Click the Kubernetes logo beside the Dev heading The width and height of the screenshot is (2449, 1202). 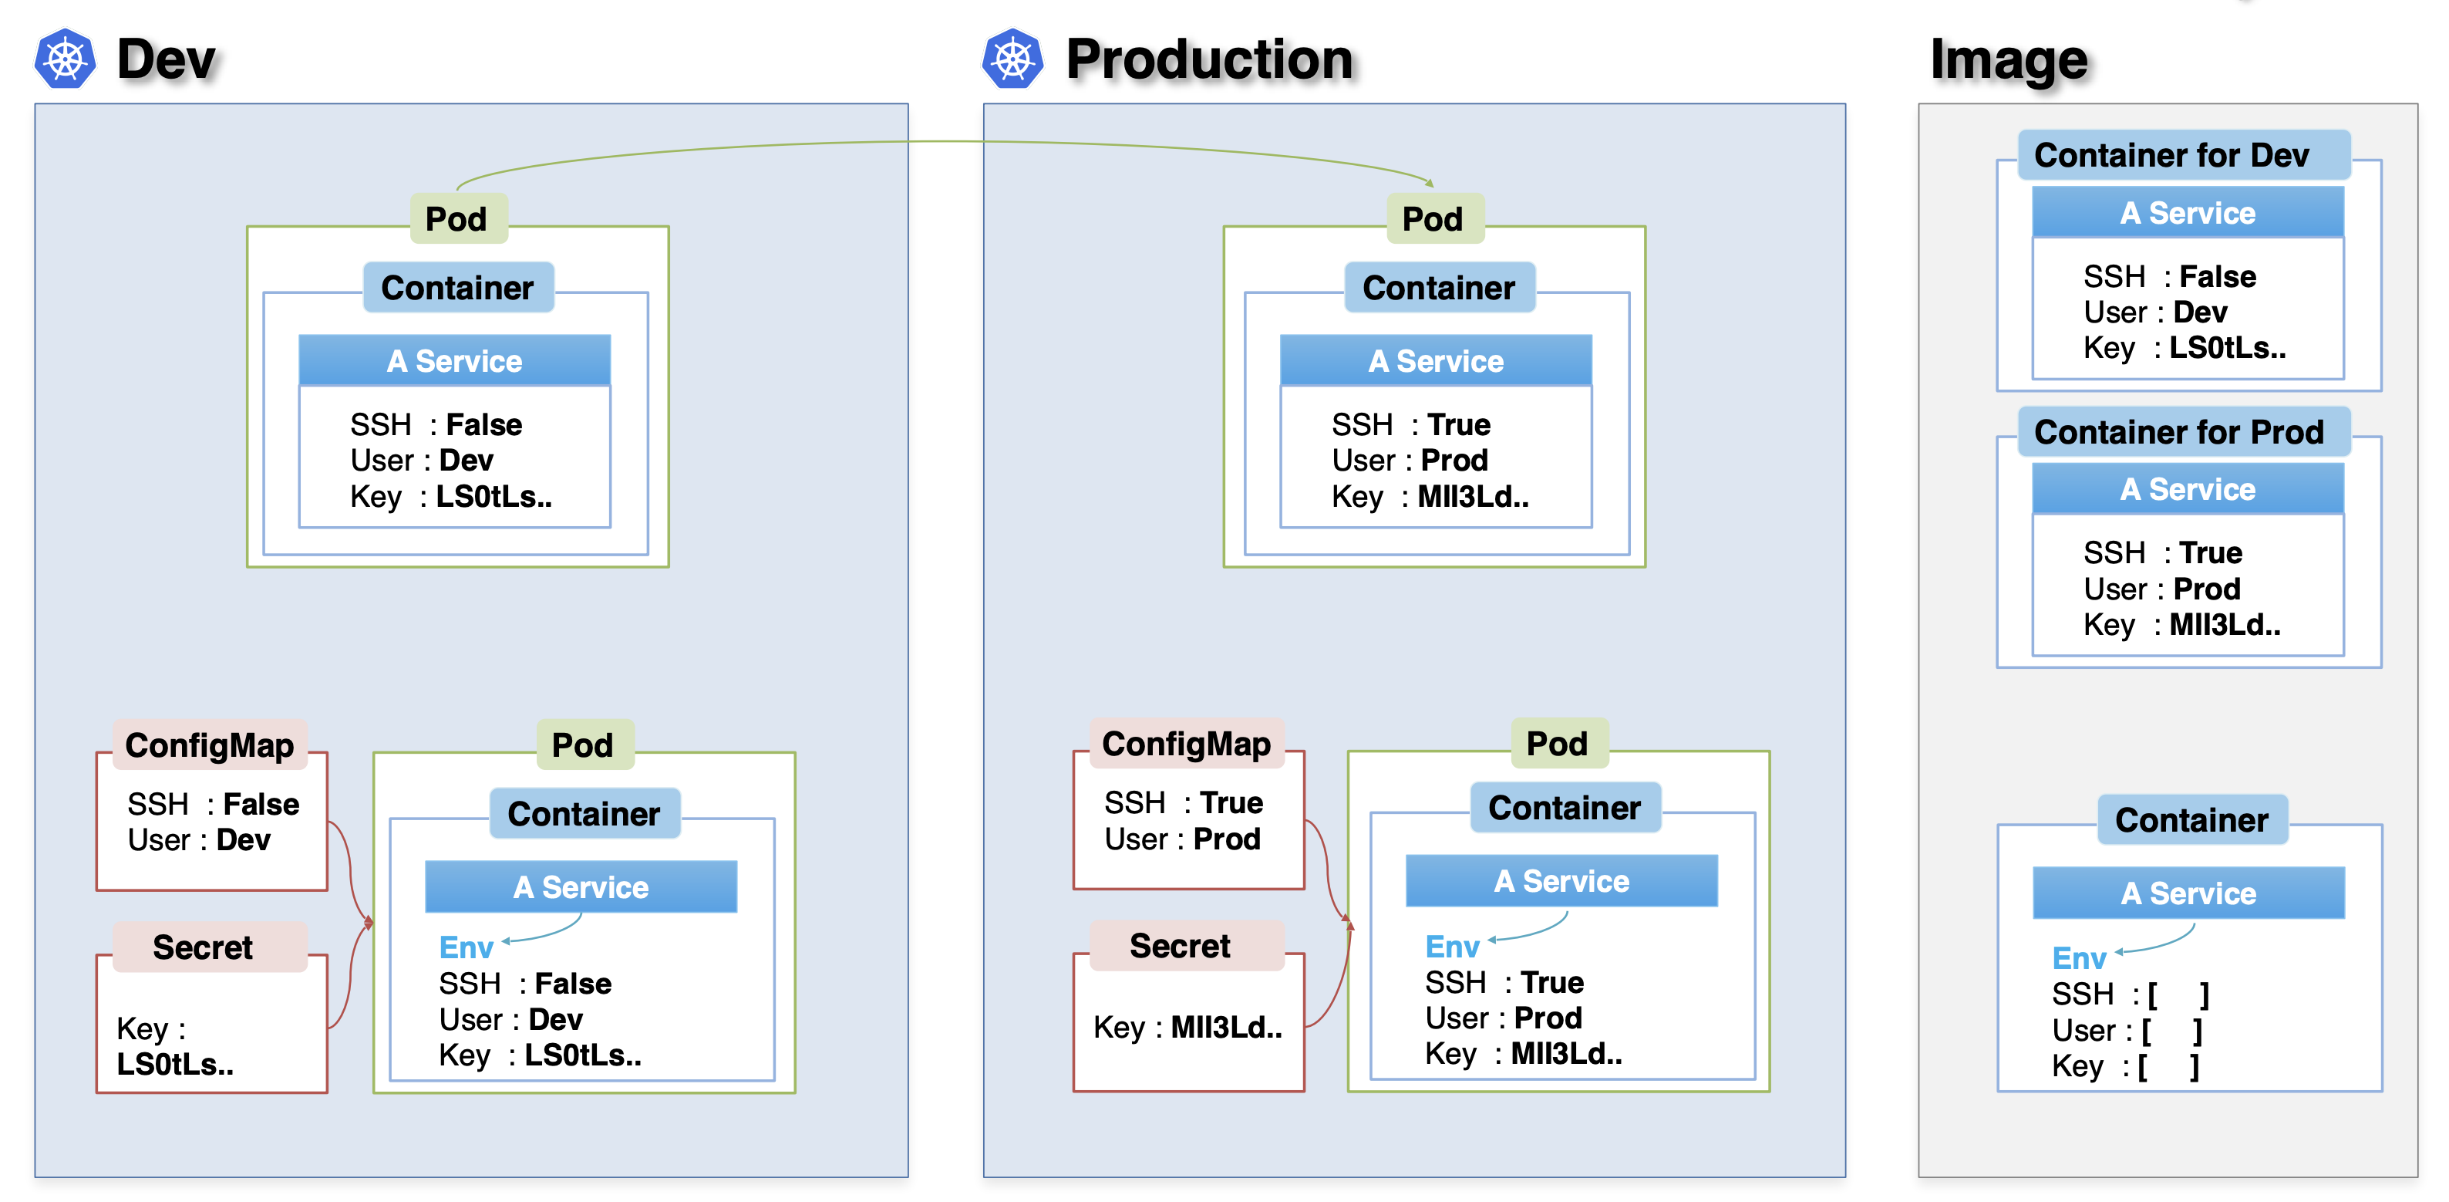click(65, 59)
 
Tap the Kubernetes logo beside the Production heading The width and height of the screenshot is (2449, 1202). click(1012, 59)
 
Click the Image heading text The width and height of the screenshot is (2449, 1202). click(2009, 60)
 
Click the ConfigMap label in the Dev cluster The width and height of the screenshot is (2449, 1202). click(210, 744)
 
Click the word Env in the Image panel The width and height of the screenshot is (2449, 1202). click(2079, 957)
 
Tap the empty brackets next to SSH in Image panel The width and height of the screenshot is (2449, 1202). click(2178, 994)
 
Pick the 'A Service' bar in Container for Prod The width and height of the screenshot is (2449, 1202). click(2188, 489)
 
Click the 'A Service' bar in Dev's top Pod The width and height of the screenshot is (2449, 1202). click(454, 360)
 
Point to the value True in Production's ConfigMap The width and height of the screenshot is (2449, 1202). click(1231, 802)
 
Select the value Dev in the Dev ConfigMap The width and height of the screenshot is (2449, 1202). click(244, 839)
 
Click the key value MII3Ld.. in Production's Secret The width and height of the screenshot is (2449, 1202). click(1226, 1027)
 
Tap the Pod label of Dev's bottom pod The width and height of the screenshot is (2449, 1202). click(583, 744)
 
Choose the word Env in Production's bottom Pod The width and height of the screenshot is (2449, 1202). click(1452, 946)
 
